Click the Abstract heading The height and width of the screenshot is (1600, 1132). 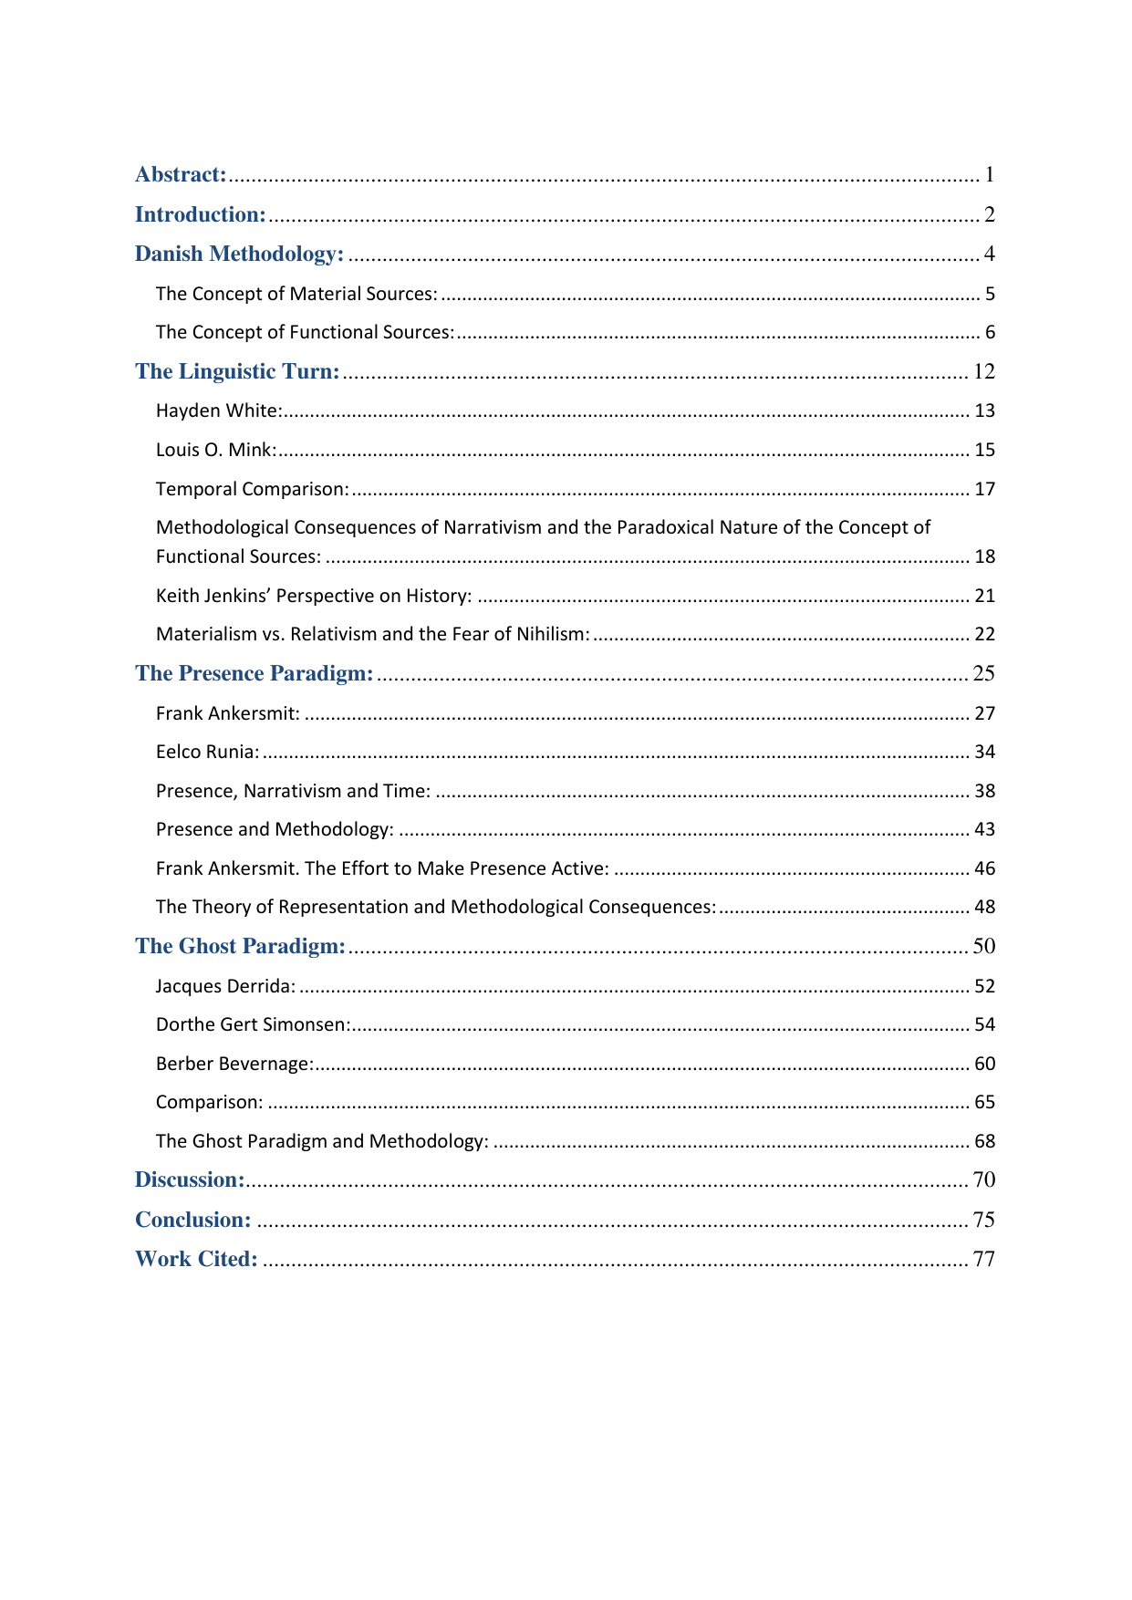(x=181, y=174)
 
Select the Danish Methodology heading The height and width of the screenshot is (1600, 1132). (x=239, y=254)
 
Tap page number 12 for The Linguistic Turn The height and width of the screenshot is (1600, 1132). (x=983, y=371)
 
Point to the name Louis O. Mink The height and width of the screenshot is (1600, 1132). (x=215, y=450)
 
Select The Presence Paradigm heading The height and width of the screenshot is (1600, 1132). (x=254, y=673)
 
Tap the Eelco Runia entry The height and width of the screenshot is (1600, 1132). (x=207, y=752)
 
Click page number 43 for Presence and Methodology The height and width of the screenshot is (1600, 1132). (x=984, y=829)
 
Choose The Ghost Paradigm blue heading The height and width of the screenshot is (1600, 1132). (x=240, y=946)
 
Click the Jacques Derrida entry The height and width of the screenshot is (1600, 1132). (x=225, y=986)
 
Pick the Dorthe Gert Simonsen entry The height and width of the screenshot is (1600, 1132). (x=253, y=1024)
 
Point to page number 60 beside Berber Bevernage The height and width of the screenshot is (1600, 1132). (x=984, y=1064)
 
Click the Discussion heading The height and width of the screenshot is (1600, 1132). (x=190, y=1179)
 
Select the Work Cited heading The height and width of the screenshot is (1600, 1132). (x=196, y=1259)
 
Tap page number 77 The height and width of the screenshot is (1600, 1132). (x=983, y=1259)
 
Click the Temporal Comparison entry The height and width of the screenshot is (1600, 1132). (x=252, y=489)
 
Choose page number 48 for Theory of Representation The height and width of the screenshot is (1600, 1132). (x=984, y=907)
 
